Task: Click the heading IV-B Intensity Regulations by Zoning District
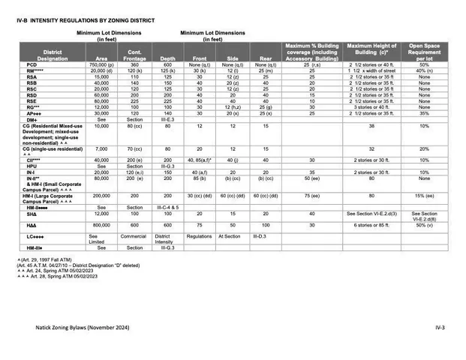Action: pyautogui.click(x=86, y=19)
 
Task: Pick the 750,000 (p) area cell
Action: pyautogui.click(x=101, y=65)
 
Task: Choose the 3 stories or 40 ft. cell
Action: pyautogui.click(x=371, y=106)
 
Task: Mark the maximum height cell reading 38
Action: pyautogui.click(x=371, y=126)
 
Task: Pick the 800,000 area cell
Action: pyautogui.click(x=101, y=225)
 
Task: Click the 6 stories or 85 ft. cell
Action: pyautogui.click(x=371, y=225)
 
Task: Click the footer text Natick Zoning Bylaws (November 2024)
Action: pyautogui.click(x=80, y=328)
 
